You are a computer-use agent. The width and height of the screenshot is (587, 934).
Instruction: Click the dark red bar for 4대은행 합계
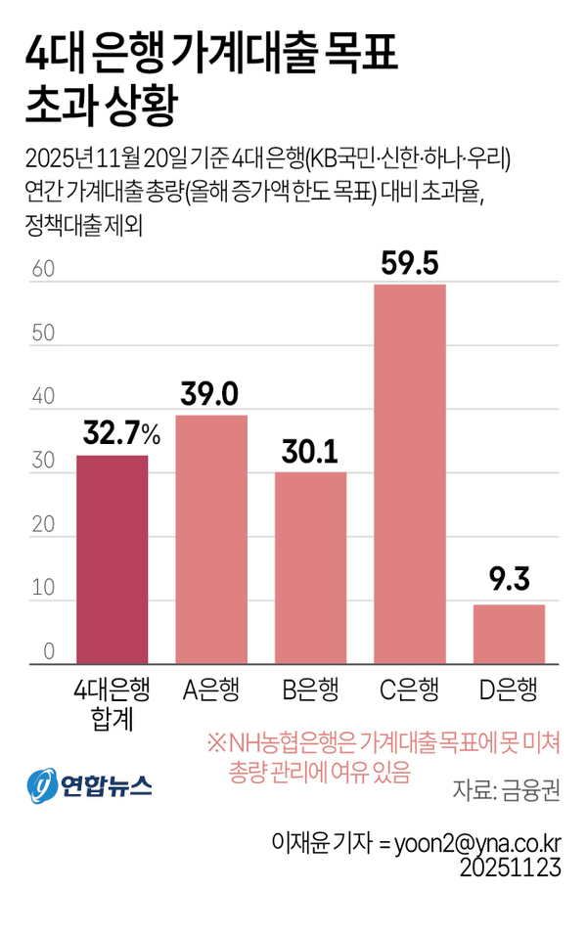(113, 559)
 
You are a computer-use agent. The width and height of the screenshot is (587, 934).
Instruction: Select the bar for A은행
(211, 540)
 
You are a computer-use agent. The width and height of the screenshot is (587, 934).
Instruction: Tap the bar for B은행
(310, 568)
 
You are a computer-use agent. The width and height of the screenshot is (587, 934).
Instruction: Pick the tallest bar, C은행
(410, 474)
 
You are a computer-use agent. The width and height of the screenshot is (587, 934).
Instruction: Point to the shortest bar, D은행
(509, 635)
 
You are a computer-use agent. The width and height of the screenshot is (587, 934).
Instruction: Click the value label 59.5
(410, 264)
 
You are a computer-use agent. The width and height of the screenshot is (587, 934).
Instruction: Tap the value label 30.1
(310, 452)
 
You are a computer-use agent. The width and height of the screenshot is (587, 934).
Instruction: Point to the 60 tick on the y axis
(41, 270)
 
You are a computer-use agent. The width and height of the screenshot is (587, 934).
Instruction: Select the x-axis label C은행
(410, 690)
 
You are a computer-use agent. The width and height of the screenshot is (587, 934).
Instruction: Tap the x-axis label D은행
(509, 690)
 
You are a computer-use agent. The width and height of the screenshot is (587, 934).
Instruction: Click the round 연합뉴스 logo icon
(41, 785)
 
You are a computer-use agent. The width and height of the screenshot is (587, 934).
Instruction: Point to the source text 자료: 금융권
(507, 789)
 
